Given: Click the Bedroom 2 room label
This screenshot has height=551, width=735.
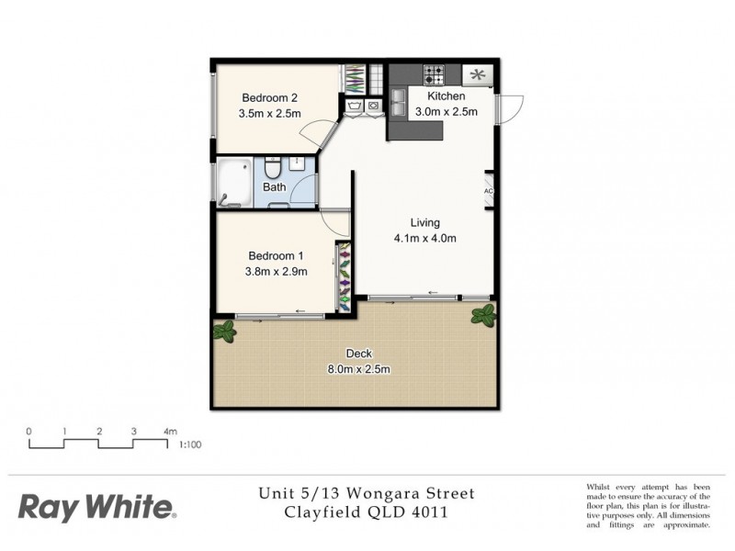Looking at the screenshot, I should [269, 98].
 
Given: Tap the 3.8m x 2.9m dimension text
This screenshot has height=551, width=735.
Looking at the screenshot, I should [277, 271].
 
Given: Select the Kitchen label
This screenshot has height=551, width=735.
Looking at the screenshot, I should [447, 96].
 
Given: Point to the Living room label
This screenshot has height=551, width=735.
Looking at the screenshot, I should [424, 222].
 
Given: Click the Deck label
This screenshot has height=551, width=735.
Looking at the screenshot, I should [357, 354].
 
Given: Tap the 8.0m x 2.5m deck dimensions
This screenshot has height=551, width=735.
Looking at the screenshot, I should [357, 370].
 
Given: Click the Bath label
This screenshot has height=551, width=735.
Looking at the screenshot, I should [274, 187].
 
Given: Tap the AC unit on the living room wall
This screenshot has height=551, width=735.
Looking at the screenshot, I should [489, 192].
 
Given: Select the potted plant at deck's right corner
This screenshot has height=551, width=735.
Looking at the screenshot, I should [483, 316].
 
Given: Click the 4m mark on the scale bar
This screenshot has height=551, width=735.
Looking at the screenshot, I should [169, 430].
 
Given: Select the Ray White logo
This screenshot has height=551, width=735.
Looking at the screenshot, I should [96, 507].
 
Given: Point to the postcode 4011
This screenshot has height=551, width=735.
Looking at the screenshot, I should [428, 512].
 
